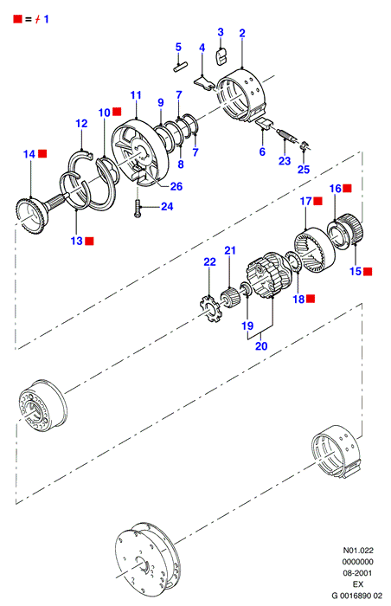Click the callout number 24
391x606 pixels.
point(167,206)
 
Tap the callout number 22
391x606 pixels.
point(210,261)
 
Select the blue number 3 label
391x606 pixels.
point(221,32)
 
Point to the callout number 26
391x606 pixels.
point(176,186)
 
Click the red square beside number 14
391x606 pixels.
point(42,153)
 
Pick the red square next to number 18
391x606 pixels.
point(311,299)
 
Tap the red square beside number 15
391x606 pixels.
point(368,271)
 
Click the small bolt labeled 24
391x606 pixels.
point(138,209)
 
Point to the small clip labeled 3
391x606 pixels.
point(221,56)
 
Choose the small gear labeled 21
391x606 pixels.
point(229,298)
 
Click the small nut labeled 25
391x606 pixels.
point(304,146)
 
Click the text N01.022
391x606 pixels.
point(358,550)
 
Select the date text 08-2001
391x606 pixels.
point(358,573)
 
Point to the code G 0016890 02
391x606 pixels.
point(357,596)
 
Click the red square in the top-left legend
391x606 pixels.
point(18,18)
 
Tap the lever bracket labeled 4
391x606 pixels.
point(203,82)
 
